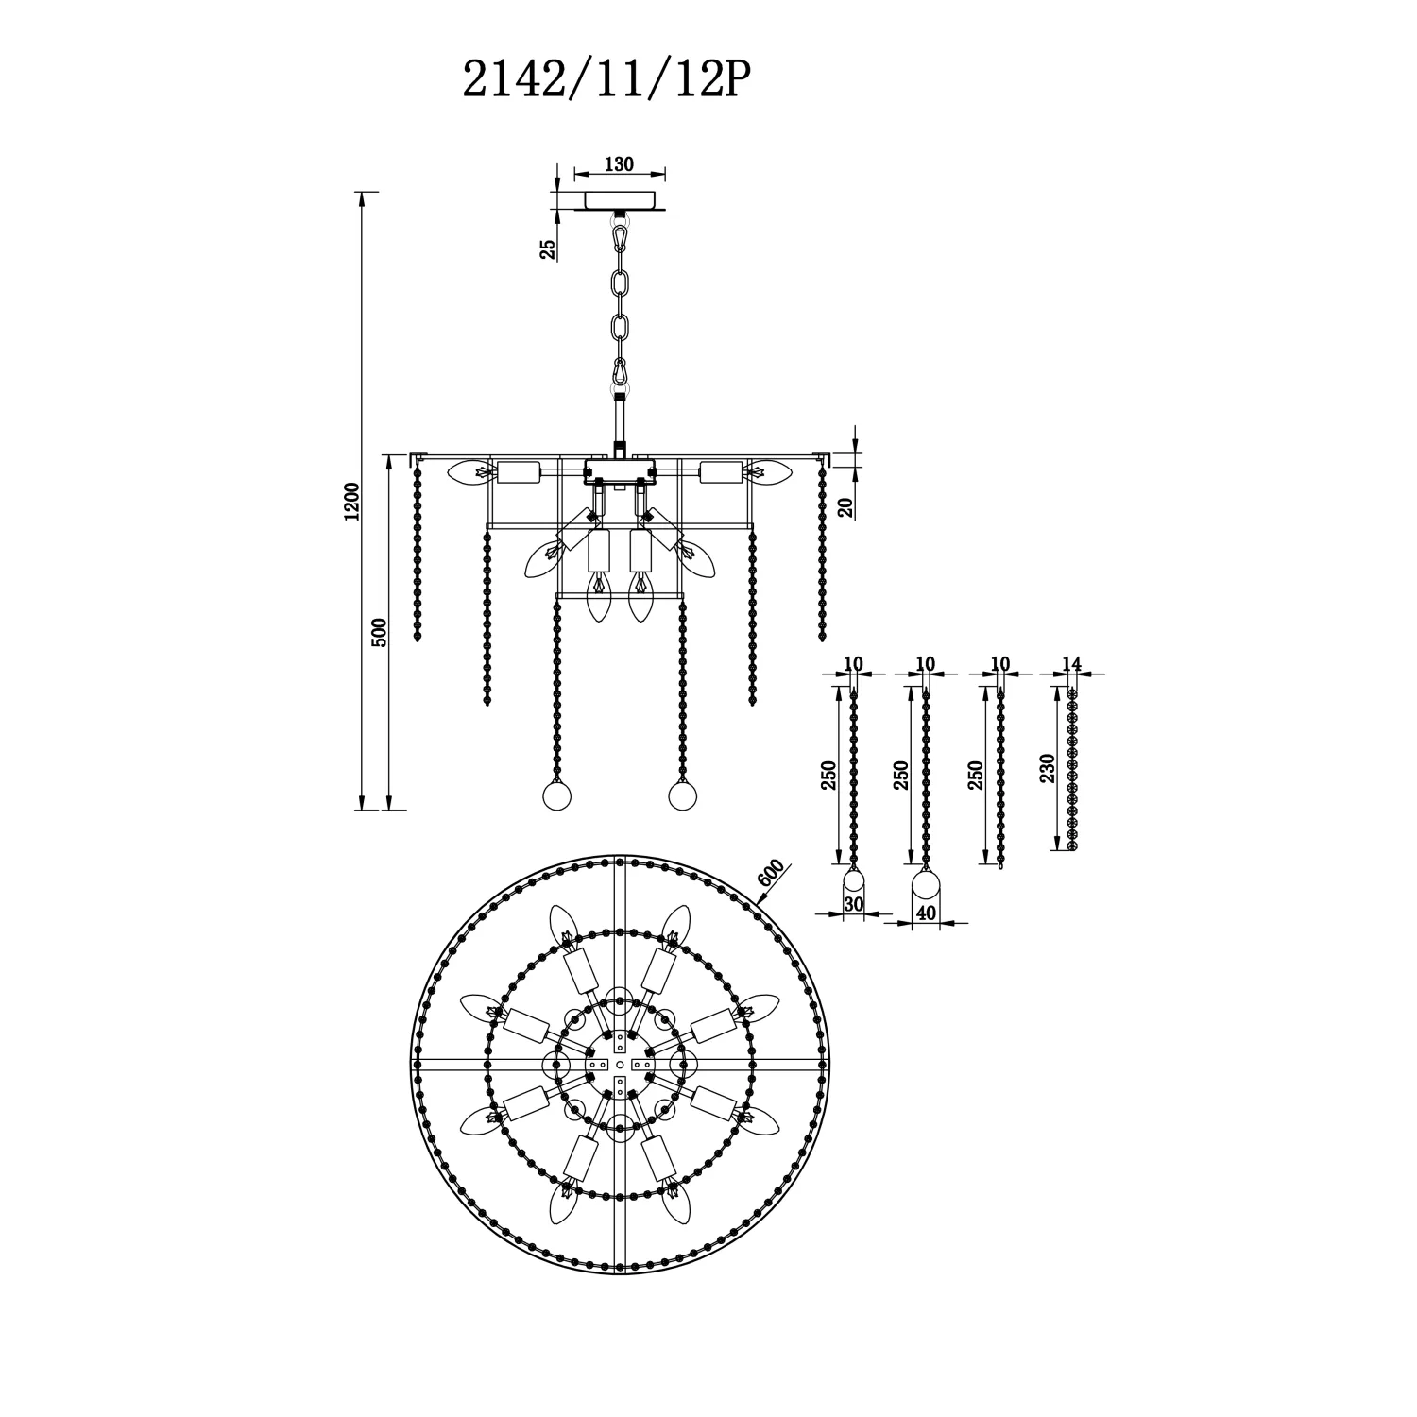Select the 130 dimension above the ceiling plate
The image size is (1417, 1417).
(618, 164)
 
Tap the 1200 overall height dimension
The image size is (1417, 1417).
(351, 502)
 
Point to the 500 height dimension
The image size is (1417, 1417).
(379, 632)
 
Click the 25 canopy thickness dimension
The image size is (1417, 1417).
(547, 248)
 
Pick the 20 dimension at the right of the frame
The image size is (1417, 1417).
(845, 506)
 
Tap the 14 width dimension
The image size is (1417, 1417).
(1071, 663)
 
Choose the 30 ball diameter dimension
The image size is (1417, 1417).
(853, 904)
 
